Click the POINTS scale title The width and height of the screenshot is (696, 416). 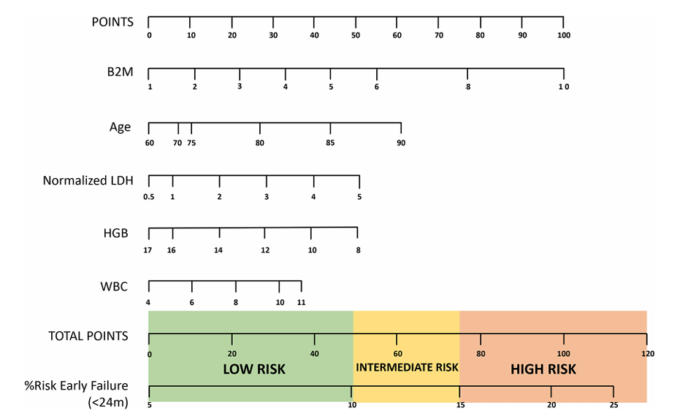point(112,22)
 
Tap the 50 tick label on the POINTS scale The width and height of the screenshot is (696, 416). point(356,36)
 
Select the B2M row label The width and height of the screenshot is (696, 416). point(120,72)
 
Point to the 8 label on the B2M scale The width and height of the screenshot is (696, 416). point(468,87)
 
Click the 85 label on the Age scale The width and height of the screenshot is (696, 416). point(330,143)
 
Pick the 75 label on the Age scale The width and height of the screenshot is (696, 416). point(191,143)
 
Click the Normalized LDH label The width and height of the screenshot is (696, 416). point(88,180)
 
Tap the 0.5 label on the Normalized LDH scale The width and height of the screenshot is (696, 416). point(149,197)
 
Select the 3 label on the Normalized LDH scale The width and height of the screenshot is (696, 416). point(267,197)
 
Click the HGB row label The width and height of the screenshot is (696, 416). point(116,234)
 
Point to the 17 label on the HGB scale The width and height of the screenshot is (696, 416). point(148,250)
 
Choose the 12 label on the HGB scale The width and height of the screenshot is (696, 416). point(265,250)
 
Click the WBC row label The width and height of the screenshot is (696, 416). point(114,287)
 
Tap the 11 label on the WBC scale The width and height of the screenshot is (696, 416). point(302,302)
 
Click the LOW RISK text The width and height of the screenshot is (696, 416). point(254,369)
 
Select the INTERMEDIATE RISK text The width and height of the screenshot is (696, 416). point(407,367)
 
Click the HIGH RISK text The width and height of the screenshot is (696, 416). point(543,369)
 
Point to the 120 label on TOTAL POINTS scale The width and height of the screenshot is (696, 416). point(648,354)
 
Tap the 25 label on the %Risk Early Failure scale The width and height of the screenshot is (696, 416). point(614,405)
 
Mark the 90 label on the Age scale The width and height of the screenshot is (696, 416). point(401,143)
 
